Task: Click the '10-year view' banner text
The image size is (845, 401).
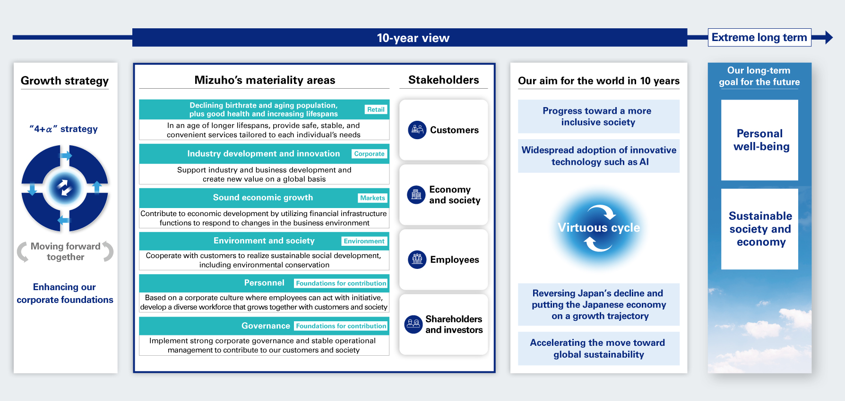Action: tap(413, 38)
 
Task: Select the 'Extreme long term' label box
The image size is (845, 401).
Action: tap(759, 37)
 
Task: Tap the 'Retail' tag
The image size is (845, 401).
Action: tap(376, 109)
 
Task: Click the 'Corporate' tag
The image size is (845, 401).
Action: tap(370, 154)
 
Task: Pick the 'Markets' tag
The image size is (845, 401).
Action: tap(372, 198)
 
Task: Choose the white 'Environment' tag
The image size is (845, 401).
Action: tap(364, 241)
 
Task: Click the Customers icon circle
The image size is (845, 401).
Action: tap(417, 130)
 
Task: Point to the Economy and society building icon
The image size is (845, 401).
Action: tap(416, 194)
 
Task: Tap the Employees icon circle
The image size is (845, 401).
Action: tap(417, 259)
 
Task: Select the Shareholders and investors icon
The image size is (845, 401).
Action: tap(414, 324)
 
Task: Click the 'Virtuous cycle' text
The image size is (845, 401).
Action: tap(599, 228)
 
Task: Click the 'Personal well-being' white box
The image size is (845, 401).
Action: tap(759, 140)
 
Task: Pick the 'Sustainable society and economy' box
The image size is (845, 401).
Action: tap(759, 229)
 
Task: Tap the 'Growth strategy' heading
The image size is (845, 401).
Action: tap(65, 81)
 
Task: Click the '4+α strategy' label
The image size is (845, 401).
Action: tap(64, 129)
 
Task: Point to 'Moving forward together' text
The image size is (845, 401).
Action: tap(66, 251)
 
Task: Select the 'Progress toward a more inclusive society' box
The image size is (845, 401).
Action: tap(599, 117)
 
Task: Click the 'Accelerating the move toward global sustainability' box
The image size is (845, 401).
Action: tap(599, 349)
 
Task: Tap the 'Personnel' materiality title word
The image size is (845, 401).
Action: tap(264, 283)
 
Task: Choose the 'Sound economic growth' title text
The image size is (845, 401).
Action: tap(263, 198)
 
